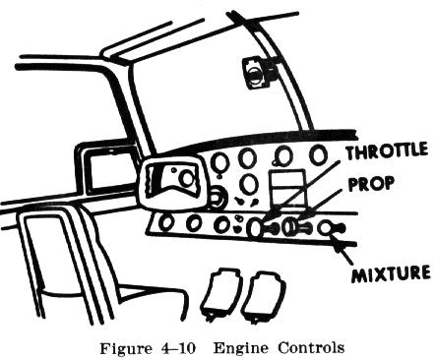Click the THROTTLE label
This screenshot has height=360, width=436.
click(387, 151)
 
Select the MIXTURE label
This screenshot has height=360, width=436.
click(391, 273)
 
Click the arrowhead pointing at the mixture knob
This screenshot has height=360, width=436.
click(339, 246)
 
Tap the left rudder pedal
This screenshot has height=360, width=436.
click(219, 294)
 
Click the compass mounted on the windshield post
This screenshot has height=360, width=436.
click(259, 73)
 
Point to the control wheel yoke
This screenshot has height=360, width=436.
click(173, 185)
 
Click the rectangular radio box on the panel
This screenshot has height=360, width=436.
click(286, 186)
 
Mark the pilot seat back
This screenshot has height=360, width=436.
click(59, 263)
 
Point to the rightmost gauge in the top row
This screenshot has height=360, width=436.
click(318, 154)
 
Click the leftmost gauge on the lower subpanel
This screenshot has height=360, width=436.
click(166, 222)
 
